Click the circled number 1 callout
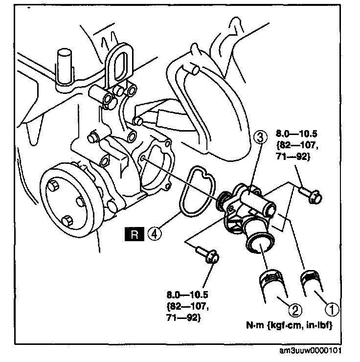pyautogui.click(x=332, y=309)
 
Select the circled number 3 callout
pyautogui.click(x=260, y=138)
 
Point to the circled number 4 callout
pyautogui.click(x=155, y=234)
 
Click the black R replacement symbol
pyautogui.click(x=135, y=234)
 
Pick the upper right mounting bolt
pyautogui.click(x=311, y=195)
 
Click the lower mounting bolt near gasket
pyautogui.click(x=207, y=255)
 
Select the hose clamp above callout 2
pyautogui.click(x=270, y=277)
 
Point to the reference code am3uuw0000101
pyautogui.click(x=310, y=350)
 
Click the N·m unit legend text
pyautogui.click(x=289, y=325)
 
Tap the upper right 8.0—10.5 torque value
pyautogui.click(x=296, y=134)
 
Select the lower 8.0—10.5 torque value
pyautogui.click(x=187, y=295)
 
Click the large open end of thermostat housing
pyautogui.click(x=260, y=245)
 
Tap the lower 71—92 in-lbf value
pyautogui.click(x=183, y=318)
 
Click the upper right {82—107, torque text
pyautogui.click(x=297, y=145)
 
